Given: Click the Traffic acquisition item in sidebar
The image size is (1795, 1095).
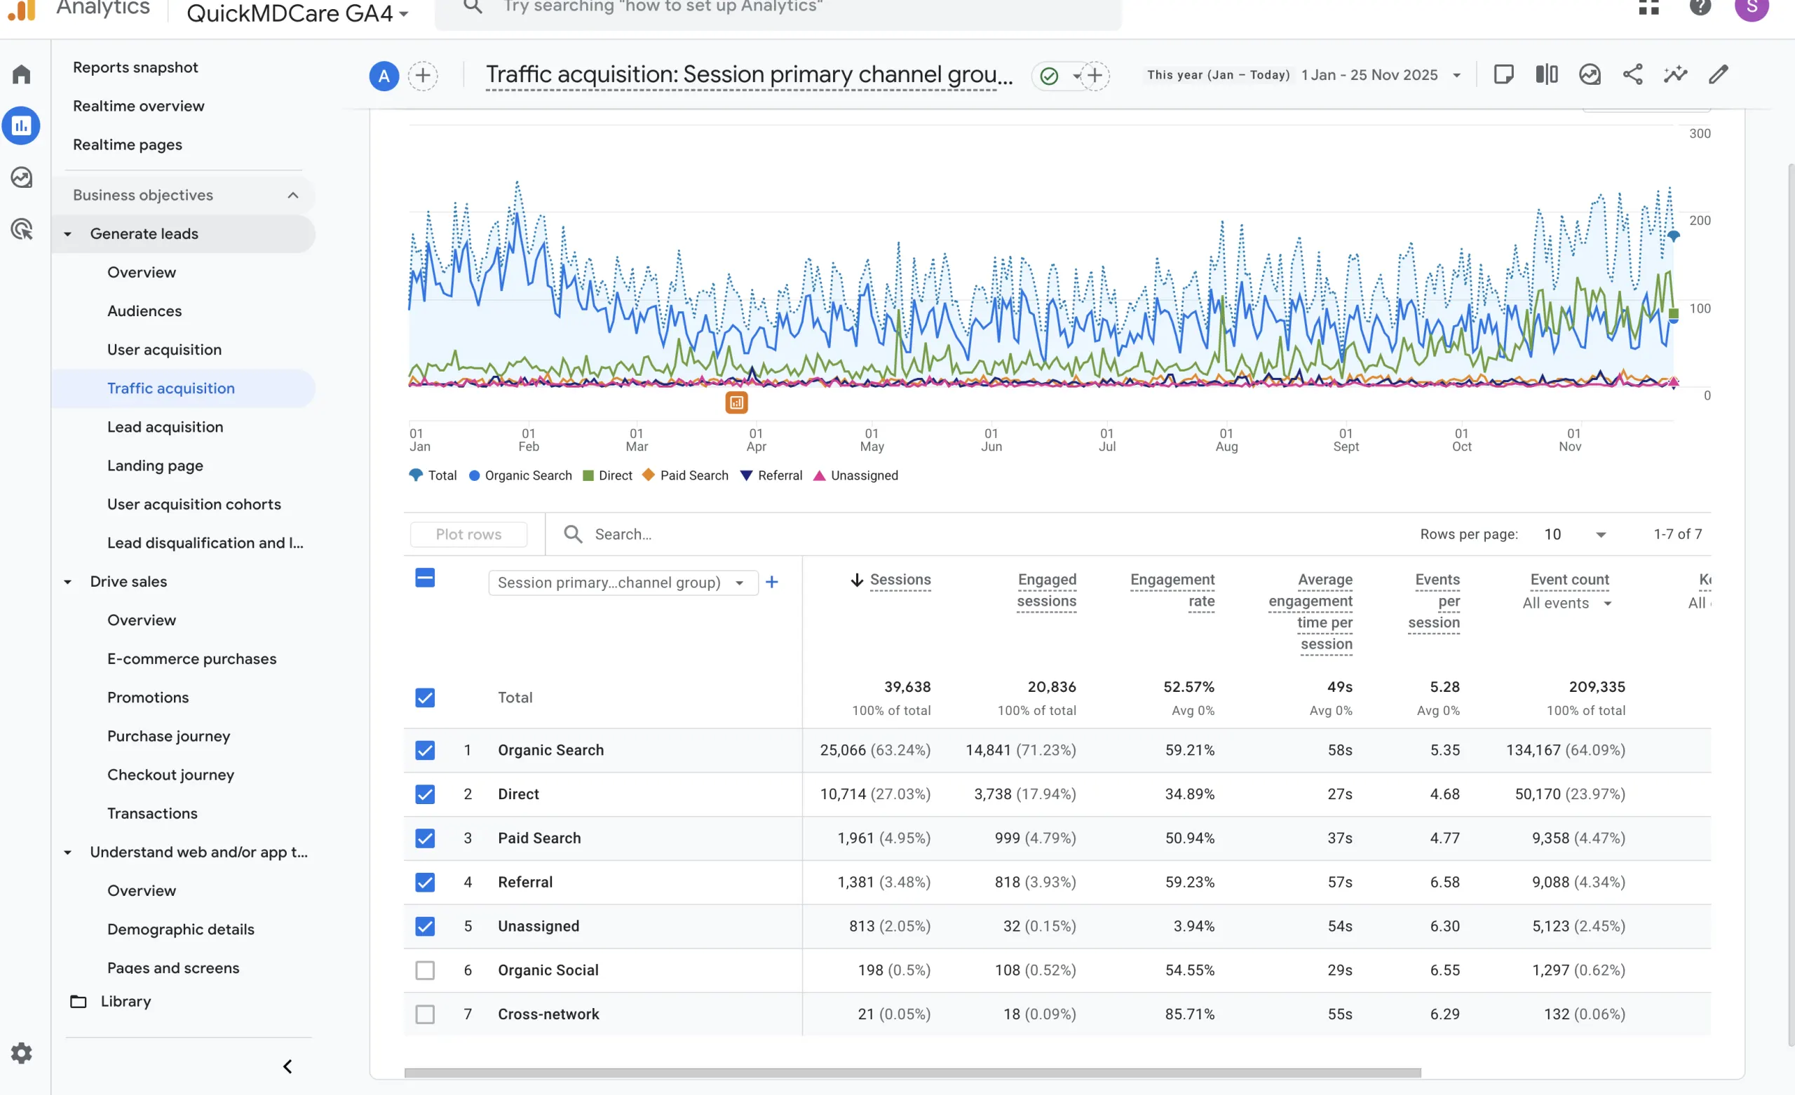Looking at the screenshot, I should (170, 388).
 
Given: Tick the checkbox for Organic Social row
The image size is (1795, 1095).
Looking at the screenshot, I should (425, 970).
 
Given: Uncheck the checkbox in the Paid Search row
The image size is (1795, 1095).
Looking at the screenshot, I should (425, 838).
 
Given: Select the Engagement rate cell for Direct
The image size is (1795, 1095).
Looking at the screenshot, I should (1189, 794).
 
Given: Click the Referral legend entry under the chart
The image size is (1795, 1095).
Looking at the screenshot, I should (771, 475).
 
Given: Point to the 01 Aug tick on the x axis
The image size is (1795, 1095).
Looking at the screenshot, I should (1226, 440).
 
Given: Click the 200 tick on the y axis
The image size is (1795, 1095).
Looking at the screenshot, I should (1699, 220).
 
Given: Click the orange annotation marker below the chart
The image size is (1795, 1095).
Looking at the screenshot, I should (736, 402).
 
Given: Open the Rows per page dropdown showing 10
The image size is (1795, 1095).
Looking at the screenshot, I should (1574, 534).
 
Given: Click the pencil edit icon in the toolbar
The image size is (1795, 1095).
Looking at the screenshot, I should (1718, 74).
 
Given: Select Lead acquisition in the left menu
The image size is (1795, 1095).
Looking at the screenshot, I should (165, 427).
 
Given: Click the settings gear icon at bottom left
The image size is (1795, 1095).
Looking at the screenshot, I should (21, 1053).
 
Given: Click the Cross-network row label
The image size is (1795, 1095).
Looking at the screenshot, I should (548, 1014).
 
